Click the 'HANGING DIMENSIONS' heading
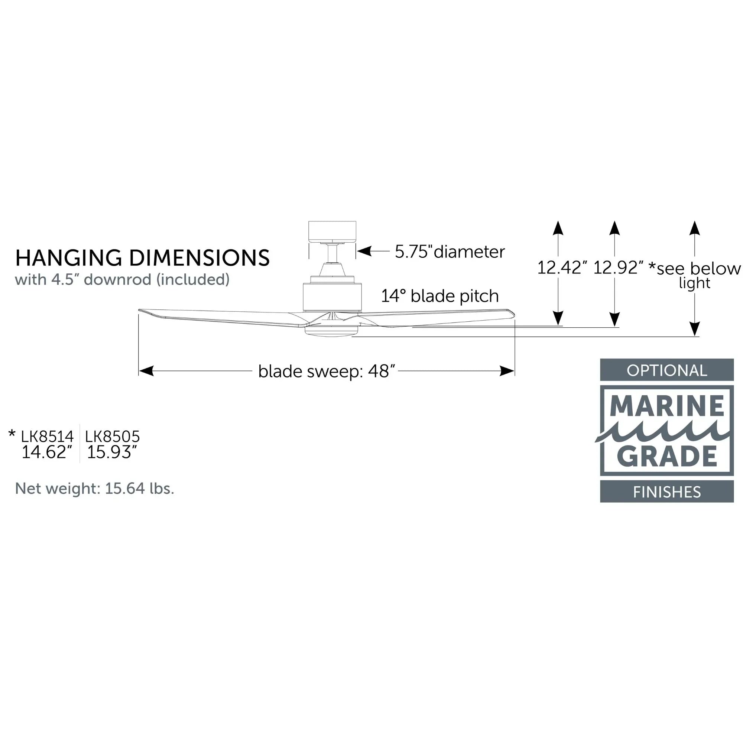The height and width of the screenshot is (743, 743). [x=142, y=258]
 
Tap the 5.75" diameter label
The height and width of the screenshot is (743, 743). [x=450, y=252]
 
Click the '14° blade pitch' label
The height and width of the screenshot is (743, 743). [x=439, y=296]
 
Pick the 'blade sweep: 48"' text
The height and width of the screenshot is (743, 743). [x=327, y=371]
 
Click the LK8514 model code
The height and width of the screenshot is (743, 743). [x=47, y=437]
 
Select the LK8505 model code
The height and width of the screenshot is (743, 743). [x=112, y=437]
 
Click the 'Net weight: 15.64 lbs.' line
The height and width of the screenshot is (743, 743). [x=95, y=489]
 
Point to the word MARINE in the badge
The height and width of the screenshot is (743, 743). [x=666, y=406]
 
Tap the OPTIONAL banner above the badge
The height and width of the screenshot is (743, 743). [x=666, y=370]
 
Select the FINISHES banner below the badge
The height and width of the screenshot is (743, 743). [x=666, y=492]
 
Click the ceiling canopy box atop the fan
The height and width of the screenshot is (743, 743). [x=332, y=231]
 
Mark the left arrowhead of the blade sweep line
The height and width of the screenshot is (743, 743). [x=146, y=371]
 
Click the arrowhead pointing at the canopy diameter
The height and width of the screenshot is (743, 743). [x=364, y=252]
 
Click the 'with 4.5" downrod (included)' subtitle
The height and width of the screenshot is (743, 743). [x=122, y=280]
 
